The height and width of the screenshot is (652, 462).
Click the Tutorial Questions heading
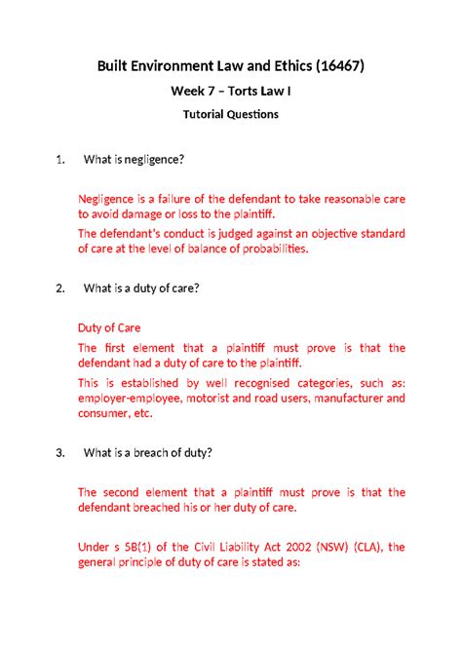point(231,114)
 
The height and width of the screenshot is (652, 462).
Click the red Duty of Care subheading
point(109,327)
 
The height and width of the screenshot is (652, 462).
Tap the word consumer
point(103,413)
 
